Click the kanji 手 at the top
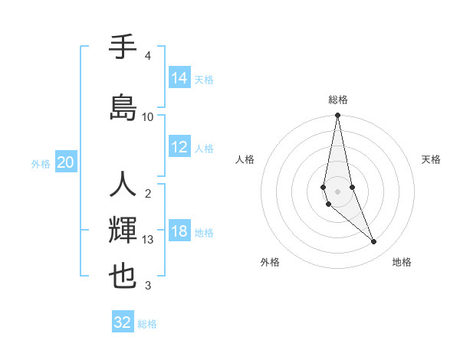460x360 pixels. coord(123,48)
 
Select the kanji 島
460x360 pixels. coord(123,107)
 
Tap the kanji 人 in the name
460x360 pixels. coord(123,185)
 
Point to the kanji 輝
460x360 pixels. coord(123,230)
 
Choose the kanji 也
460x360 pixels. coord(123,277)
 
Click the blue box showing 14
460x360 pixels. coord(179,78)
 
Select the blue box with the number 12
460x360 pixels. coord(179,148)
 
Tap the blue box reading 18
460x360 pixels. coord(179,232)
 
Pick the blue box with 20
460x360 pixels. coord(66,162)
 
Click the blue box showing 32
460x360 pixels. coord(123,322)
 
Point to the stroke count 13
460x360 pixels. coord(149,240)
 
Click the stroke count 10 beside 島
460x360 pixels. coord(148,116)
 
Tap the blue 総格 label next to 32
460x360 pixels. coord(147,324)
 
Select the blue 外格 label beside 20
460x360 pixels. coord(41,164)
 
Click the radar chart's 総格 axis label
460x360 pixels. coord(338,100)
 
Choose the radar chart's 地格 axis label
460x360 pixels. coord(402,262)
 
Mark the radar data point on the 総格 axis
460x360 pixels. coord(337,116)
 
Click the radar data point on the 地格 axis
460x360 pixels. coord(374,242)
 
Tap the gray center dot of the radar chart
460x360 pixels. coord(337,191)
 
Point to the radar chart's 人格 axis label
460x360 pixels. coord(245,159)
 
